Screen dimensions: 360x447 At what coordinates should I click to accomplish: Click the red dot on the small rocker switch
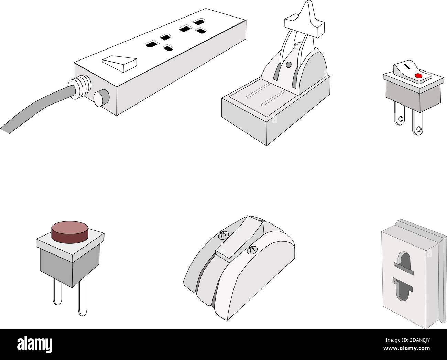(418, 76)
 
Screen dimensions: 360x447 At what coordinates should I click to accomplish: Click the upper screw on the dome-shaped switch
(223, 235)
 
